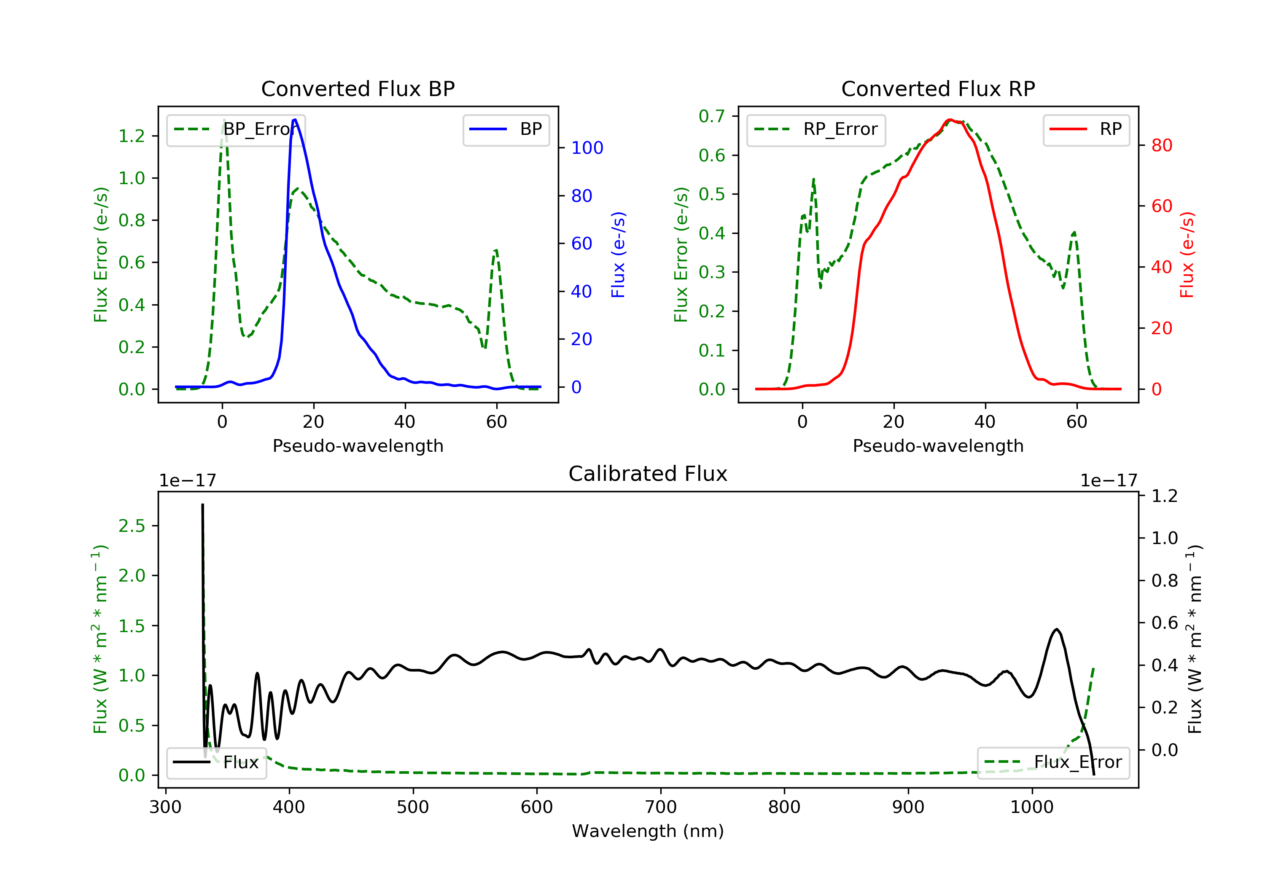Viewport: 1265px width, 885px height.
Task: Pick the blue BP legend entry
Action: pos(506,129)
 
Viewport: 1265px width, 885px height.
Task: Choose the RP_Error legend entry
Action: pos(816,129)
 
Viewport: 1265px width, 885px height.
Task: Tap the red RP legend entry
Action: pos(1086,129)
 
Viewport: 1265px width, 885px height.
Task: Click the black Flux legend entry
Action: pos(217,762)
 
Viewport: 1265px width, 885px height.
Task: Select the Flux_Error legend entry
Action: pos(1053,762)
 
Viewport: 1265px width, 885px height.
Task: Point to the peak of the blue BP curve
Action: pos(295,120)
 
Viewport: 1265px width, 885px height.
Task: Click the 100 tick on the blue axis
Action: pos(587,147)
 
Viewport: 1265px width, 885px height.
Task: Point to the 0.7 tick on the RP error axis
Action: pos(711,116)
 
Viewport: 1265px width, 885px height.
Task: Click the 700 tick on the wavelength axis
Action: pos(661,807)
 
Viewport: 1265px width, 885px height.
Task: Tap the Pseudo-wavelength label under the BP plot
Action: pos(358,446)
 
